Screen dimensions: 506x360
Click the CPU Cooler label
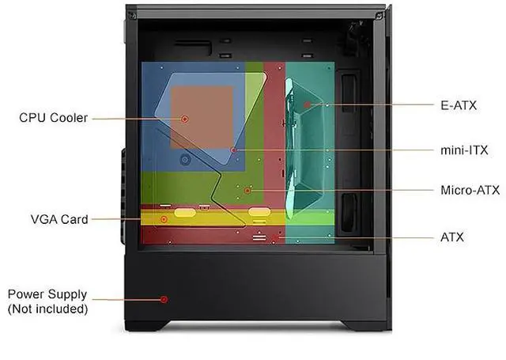coord(54,118)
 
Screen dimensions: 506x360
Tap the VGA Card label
coord(59,218)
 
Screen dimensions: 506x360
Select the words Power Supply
coord(47,294)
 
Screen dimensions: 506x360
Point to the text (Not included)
coord(47,309)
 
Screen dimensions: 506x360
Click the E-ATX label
coord(459,104)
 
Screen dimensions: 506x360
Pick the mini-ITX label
coord(463,149)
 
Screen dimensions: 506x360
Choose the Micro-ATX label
coord(470,190)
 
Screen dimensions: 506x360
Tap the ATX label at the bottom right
coord(452,236)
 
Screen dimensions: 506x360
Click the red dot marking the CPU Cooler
coord(184,119)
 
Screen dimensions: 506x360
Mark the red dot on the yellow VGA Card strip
coord(164,218)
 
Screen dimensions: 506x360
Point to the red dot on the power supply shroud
coord(164,299)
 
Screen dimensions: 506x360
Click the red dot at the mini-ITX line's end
coord(233,149)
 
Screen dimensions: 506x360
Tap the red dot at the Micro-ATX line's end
coord(247,191)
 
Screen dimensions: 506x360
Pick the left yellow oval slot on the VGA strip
coord(183,212)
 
